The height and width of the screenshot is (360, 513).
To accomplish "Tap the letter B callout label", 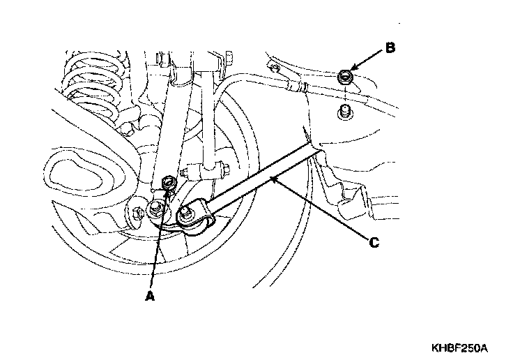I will [x=390, y=48].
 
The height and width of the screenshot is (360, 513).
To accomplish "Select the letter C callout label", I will [x=374, y=242].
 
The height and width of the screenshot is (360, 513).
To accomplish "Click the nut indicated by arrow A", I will [x=167, y=183].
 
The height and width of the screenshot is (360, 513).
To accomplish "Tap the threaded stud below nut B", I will [x=343, y=112].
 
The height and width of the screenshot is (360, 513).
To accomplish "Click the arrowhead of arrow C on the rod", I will [x=274, y=181].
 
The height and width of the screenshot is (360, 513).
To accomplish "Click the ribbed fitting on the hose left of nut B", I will [x=301, y=87].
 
